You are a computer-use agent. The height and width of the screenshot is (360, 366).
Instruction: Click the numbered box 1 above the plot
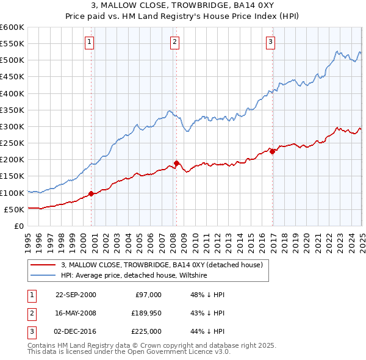(89, 41)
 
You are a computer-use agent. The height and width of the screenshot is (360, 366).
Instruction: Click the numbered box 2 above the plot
(174, 41)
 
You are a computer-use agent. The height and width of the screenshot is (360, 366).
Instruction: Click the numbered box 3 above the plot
(270, 41)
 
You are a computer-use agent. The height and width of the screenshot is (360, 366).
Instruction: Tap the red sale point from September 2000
(91, 193)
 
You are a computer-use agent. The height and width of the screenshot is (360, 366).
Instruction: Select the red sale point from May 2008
(176, 163)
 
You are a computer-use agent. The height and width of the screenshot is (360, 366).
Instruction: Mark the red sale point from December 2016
(273, 151)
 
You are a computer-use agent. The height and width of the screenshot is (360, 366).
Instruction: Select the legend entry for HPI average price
(134, 275)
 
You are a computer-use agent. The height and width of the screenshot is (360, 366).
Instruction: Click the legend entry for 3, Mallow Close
(161, 265)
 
